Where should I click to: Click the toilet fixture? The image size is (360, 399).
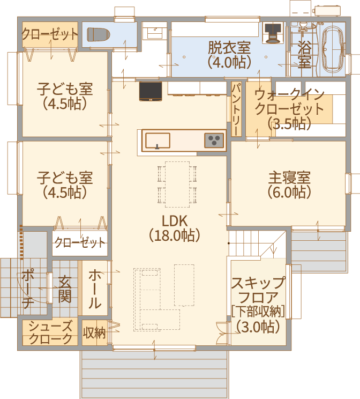(x=98, y=34)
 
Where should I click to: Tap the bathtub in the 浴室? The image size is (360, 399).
(x=333, y=49)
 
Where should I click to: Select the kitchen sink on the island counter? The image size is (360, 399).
(x=157, y=141)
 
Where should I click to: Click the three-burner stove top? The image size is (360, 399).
(x=214, y=141)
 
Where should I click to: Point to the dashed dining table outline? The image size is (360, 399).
(x=177, y=184)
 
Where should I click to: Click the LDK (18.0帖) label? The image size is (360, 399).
(x=175, y=228)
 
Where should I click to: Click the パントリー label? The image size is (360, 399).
(x=236, y=109)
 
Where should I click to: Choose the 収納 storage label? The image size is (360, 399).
(x=94, y=332)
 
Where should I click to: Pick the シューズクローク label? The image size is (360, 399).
(x=50, y=332)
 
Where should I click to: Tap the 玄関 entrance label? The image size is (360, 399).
(x=65, y=289)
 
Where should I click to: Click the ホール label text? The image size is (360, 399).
(x=95, y=289)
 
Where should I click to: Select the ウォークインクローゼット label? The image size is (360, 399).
(x=289, y=102)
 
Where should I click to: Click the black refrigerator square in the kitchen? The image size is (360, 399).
(x=151, y=91)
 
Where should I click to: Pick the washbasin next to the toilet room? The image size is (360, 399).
(x=155, y=31)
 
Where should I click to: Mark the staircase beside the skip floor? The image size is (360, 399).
(x=257, y=243)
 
